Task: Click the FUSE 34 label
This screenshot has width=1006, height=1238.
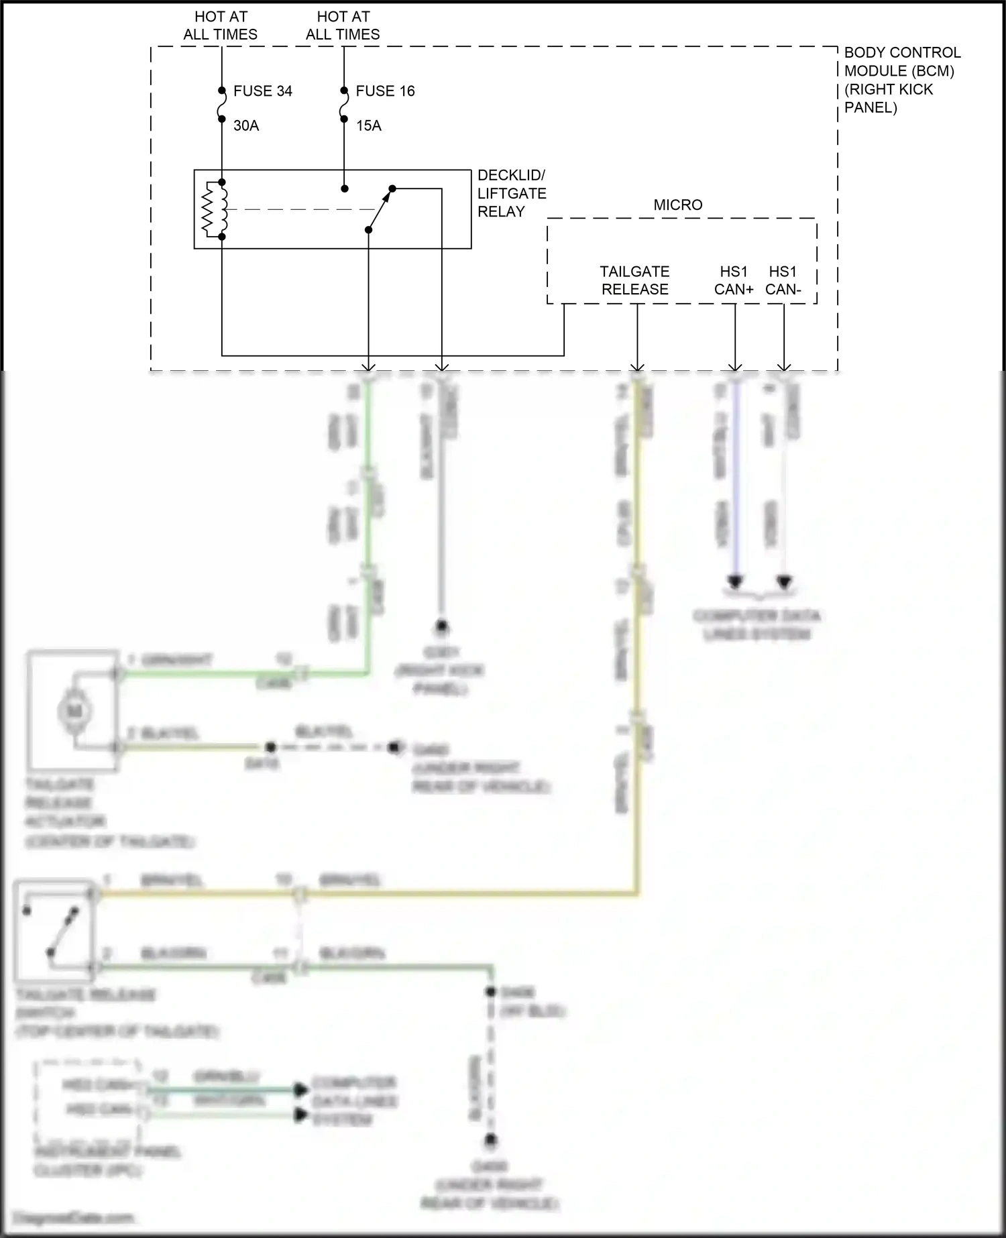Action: coord(262,91)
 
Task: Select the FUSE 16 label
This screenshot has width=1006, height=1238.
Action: coord(385,91)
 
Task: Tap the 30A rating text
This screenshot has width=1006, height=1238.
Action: coord(246,125)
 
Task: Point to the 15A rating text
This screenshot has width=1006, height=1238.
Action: coord(368,125)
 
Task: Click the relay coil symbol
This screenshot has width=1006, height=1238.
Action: coord(214,209)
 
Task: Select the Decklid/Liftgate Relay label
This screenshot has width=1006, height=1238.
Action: coord(511,193)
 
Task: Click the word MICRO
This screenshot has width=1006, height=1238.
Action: coord(678,205)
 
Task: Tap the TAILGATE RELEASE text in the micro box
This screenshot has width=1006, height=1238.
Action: coord(634,280)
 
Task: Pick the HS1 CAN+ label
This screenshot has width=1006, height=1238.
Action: coord(734,280)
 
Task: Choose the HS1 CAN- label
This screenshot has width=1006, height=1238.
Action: coord(783,280)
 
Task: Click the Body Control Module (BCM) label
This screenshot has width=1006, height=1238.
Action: coord(901,80)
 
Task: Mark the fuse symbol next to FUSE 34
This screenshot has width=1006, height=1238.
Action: coord(221,105)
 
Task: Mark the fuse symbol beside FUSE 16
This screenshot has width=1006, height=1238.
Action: coord(344,105)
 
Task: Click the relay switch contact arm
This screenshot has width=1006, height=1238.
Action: coord(380,209)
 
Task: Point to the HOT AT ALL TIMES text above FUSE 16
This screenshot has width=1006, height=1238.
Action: coord(343,25)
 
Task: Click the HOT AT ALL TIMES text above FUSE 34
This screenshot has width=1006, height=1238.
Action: coord(220,25)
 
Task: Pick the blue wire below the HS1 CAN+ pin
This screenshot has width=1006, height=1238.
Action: coord(736,483)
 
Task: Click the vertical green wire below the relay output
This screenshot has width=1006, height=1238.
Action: coord(368,523)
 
